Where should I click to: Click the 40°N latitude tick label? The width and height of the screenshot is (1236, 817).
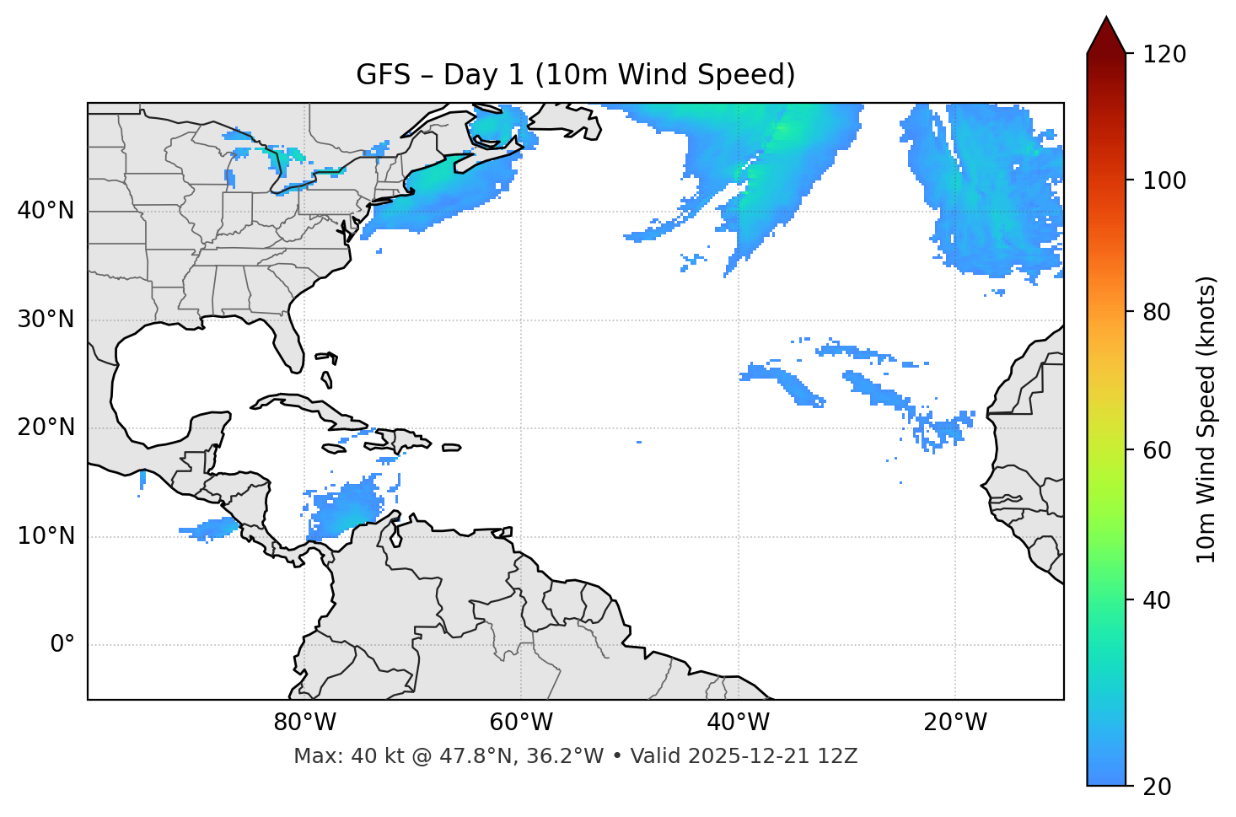point(46,211)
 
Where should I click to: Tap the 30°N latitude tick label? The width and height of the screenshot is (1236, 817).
point(46,320)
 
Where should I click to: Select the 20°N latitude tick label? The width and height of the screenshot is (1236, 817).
point(46,427)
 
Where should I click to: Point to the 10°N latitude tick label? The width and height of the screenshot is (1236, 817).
point(46,536)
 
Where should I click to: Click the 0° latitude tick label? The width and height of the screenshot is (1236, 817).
point(62,645)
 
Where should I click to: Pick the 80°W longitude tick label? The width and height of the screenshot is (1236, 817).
point(304,723)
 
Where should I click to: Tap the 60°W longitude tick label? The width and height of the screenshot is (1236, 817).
point(521,723)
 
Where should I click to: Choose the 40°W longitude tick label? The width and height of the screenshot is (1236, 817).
point(738,723)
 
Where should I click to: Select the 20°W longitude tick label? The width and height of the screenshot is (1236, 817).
point(954,723)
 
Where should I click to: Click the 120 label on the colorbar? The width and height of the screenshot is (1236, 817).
point(1164,55)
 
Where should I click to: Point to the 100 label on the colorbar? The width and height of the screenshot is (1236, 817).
point(1164,180)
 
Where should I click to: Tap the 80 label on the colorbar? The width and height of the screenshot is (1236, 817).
point(1158,313)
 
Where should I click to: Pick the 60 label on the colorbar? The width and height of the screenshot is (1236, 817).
point(1158,451)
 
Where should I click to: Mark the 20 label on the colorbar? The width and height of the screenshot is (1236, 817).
point(1158,787)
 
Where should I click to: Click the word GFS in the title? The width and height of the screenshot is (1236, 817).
point(383,75)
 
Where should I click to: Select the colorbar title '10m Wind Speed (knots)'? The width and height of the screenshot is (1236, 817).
point(1206,419)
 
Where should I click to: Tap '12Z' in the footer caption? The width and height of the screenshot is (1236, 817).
point(840,756)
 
